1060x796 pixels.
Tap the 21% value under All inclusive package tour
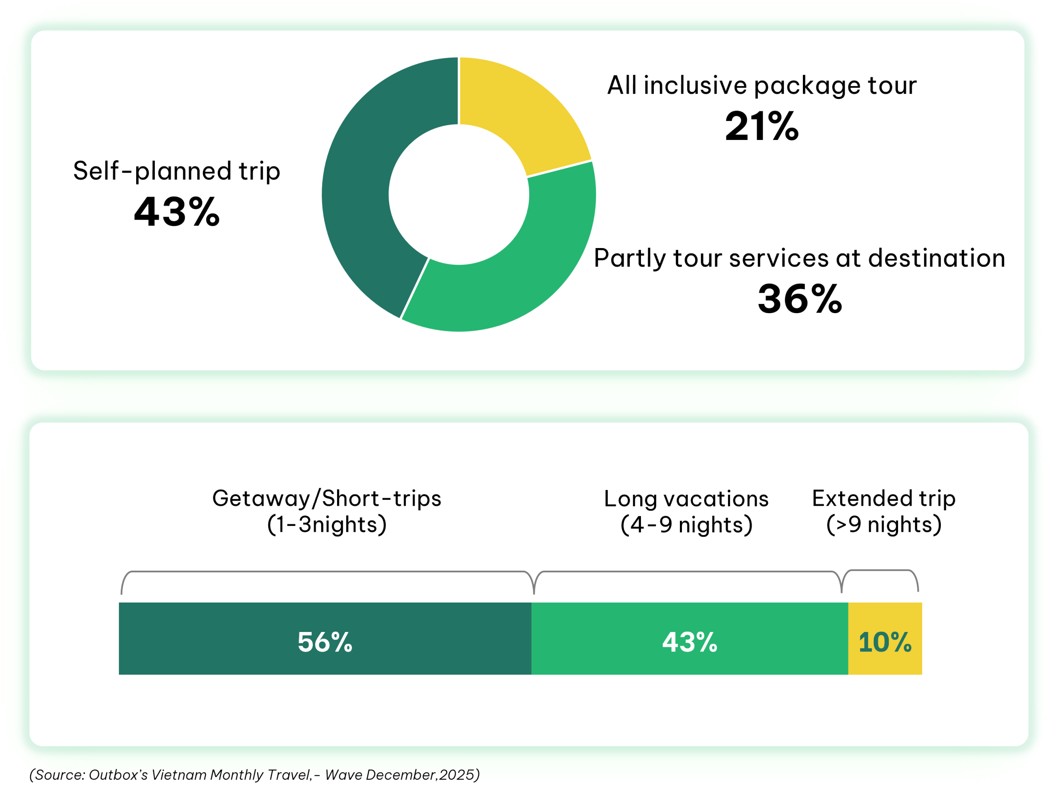click(761, 126)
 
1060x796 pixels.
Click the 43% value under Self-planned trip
click(176, 212)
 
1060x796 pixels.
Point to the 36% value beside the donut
click(799, 299)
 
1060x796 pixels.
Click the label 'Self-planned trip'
click(176, 171)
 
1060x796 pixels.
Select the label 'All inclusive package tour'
click(761, 86)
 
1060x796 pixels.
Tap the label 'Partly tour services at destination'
click(799, 258)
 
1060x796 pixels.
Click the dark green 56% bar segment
click(325, 638)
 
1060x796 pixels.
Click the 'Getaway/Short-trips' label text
click(326, 498)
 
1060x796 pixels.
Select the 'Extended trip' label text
click(884, 498)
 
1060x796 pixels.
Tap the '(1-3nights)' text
click(326, 524)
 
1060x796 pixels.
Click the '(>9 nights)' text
click(884, 524)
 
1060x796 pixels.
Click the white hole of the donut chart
click(459, 195)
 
